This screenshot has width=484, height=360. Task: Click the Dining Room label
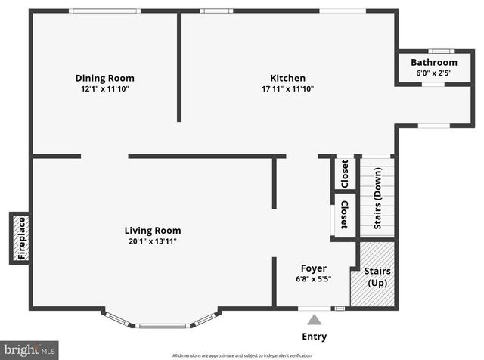104,78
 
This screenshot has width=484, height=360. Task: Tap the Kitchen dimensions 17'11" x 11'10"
287,88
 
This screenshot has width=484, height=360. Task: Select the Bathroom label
434,62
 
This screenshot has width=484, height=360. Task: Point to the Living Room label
153,231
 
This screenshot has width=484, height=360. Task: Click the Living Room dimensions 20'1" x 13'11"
153,241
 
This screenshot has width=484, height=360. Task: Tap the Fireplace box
21,238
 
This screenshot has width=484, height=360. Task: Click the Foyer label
314,268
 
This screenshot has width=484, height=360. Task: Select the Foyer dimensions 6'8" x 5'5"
314,278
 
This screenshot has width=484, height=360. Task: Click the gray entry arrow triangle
314,319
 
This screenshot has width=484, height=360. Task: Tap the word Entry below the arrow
315,337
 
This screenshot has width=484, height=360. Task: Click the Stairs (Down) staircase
377,195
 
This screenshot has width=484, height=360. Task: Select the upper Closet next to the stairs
345,174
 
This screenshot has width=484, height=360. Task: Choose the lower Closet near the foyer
345,215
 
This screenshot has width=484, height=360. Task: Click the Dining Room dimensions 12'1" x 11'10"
104,88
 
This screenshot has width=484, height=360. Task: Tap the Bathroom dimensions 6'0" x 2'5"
434,73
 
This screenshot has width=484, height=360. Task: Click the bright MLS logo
29,349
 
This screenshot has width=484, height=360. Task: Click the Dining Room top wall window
104,11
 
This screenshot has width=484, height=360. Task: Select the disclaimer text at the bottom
241,355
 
